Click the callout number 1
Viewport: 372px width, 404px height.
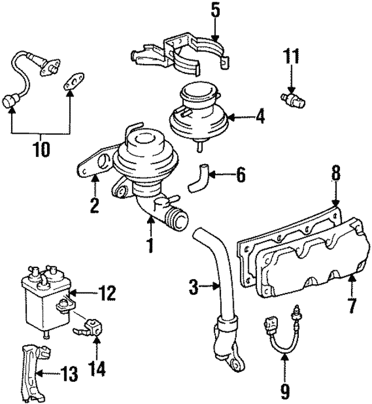150,245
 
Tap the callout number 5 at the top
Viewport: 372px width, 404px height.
216,10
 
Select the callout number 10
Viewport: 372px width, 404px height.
41,149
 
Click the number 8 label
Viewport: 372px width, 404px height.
335,173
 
